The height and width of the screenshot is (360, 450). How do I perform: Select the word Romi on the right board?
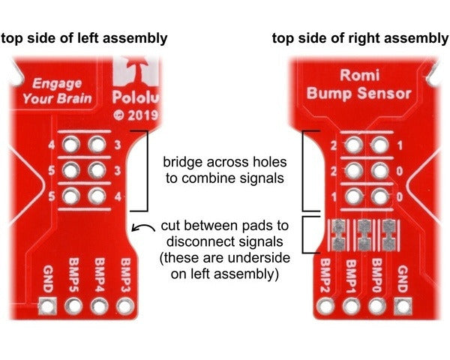(x=358, y=76)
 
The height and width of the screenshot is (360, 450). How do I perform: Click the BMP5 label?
(x=73, y=274)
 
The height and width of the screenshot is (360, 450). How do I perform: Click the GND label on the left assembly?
(x=47, y=278)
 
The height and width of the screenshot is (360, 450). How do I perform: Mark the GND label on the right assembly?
(x=403, y=279)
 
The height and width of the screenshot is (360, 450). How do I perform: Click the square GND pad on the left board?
(x=47, y=306)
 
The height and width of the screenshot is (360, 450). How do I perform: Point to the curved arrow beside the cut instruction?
(x=140, y=229)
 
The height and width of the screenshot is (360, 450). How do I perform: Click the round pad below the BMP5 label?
(x=73, y=306)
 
